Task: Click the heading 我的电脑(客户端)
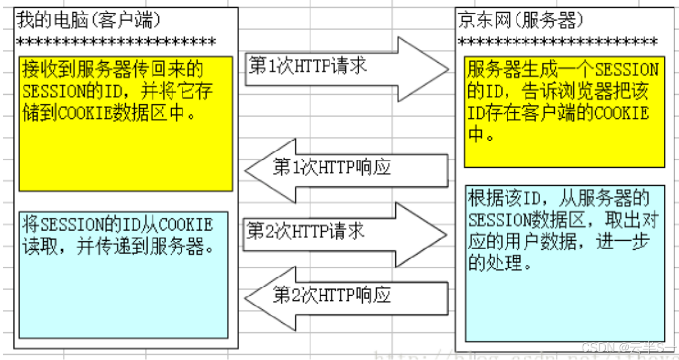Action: click(89, 20)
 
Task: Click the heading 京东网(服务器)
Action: click(521, 20)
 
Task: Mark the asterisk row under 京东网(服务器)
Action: click(557, 43)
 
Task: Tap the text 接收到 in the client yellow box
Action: click(51, 70)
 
